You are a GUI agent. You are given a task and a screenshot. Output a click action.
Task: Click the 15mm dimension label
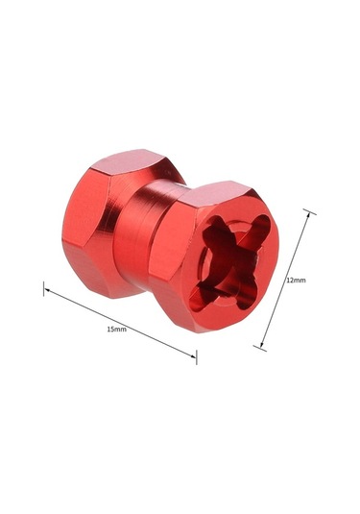point(116,330)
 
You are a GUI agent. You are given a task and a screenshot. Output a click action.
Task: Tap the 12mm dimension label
point(296,280)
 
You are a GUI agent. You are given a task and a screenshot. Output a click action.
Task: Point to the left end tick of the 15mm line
point(44,288)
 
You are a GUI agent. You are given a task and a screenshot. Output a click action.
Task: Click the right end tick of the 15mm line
point(196,356)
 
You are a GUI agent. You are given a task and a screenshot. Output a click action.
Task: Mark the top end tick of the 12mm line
point(310,211)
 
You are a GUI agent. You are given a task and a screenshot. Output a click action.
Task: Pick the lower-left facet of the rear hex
point(91,279)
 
